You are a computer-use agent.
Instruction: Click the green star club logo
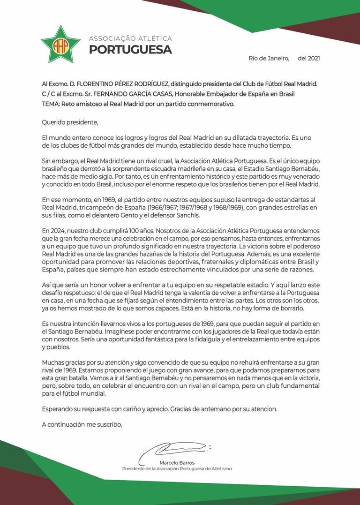(60, 45)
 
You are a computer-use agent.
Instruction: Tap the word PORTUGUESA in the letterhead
(130, 49)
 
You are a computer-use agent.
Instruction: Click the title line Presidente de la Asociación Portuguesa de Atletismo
(177, 468)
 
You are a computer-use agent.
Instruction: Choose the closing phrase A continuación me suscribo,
(82, 424)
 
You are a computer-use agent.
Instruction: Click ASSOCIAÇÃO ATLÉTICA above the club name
(130, 38)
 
